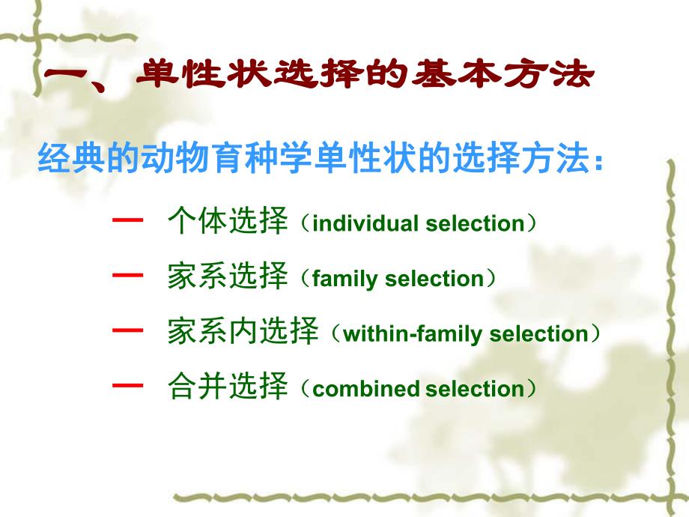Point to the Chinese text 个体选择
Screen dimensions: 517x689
[x=228, y=223]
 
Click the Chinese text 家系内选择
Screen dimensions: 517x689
[x=243, y=333]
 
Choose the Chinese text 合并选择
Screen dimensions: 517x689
[x=228, y=388]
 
